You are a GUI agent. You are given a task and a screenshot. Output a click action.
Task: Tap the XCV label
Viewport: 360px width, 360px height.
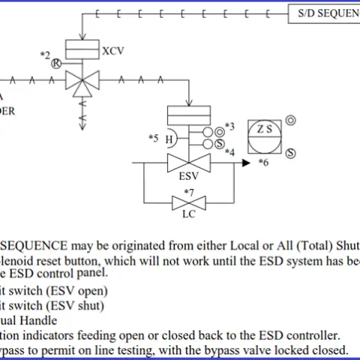point(112,51)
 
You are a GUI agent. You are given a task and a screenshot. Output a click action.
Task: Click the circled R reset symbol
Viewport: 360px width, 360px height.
point(55,64)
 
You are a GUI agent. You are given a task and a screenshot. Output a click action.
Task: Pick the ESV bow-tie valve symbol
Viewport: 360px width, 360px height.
point(187,163)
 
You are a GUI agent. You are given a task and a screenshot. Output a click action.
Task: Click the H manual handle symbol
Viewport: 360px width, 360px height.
point(170,139)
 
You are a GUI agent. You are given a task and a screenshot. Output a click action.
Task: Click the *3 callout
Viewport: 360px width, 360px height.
point(229,126)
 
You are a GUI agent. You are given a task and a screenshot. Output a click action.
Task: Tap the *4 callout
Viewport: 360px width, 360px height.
point(230,152)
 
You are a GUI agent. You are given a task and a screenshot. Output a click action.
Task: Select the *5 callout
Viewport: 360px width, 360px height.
point(153,138)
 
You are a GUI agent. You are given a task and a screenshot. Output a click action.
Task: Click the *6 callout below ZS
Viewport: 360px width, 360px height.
point(263,162)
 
